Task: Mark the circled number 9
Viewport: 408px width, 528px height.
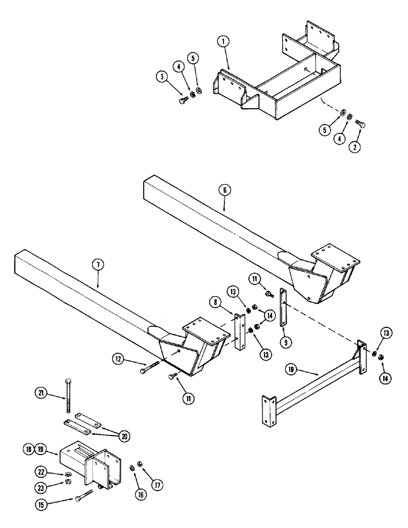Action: (x=285, y=342)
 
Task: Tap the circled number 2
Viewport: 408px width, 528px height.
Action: (x=356, y=147)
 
